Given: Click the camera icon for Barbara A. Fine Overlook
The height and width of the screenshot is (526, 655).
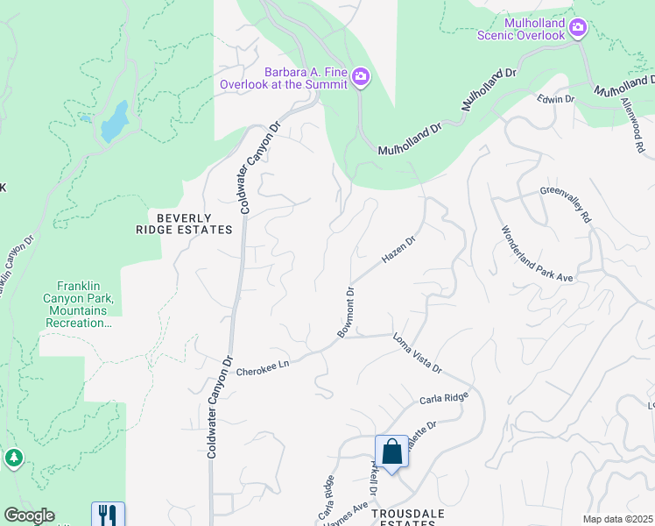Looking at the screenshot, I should click(360, 79).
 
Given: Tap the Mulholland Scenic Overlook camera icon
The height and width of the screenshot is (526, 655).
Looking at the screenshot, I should click(577, 28).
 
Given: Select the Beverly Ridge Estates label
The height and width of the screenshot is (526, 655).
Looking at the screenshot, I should click(194, 224).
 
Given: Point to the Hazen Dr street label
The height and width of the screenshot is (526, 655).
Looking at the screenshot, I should click(398, 249).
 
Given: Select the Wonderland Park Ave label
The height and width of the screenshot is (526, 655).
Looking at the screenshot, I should click(536, 254).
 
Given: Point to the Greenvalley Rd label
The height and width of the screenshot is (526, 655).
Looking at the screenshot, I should click(565, 204).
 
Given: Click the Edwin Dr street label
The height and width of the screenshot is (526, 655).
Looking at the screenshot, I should click(556, 100).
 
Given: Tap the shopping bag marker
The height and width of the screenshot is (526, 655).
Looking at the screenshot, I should click(392, 452).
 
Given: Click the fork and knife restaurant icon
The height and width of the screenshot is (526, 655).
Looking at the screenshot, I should click(108, 514).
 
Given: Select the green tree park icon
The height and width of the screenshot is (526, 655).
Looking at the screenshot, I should click(13, 458).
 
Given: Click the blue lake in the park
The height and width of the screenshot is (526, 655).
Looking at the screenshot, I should click(115, 121).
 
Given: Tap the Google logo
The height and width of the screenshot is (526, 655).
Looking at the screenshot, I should click(29, 515).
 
